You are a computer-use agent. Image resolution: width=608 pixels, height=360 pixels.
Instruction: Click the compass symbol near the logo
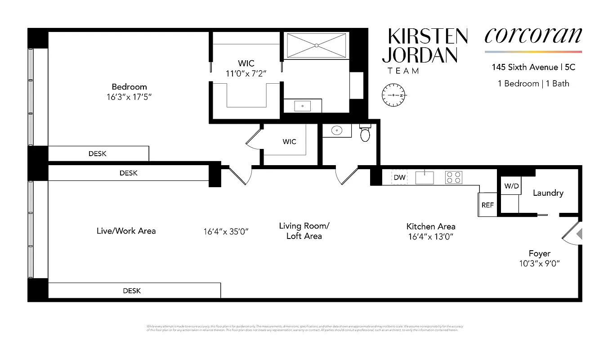click(x=394, y=95)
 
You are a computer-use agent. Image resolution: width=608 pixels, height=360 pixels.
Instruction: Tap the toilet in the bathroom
click(x=365, y=133)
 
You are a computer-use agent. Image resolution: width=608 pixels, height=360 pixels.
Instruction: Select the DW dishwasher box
click(x=399, y=177)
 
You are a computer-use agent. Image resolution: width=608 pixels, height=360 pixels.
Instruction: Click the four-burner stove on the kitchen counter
click(x=454, y=177)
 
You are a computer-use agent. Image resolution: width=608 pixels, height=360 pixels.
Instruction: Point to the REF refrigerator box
click(x=487, y=205)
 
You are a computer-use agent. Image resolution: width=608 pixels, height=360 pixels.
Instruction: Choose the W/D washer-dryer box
click(x=510, y=185)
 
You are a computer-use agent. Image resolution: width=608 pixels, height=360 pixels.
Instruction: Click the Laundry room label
click(x=548, y=193)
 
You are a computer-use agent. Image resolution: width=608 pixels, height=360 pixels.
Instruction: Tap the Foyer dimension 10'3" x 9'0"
click(x=539, y=263)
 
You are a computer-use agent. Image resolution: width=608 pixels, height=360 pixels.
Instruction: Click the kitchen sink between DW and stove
click(x=425, y=177)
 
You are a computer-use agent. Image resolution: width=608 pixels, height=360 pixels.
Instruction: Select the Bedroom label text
click(x=129, y=87)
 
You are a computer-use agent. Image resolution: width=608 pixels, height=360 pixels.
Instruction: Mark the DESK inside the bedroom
click(x=98, y=153)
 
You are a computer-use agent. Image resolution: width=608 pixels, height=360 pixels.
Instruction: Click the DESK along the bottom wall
click(x=132, y=291)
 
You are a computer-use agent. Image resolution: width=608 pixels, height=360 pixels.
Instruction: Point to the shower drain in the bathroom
click(x=317, y=45)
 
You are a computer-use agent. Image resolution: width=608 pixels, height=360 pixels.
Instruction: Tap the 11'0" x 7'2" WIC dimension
click(x=246, y=73)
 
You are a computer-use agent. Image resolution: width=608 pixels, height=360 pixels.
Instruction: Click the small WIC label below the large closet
click(x=289, y=142)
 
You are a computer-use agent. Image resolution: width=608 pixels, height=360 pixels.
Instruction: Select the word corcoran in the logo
click(x=533, y=36)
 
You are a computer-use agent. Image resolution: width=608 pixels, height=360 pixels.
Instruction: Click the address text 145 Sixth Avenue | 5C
click(x=533, y=68)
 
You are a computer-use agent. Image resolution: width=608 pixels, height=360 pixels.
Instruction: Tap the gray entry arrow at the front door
click(x=580, y=234)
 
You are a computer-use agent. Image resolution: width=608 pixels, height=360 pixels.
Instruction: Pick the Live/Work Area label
click(x=126, y=231)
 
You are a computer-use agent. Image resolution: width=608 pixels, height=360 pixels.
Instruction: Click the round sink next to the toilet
click(x=336, y=130)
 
